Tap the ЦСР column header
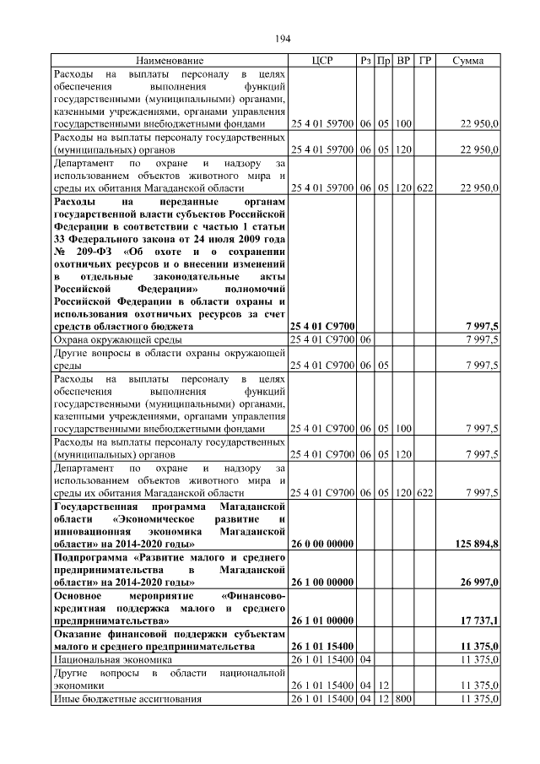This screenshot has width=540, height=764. (322, 62)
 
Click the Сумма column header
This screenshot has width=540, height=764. (467, 62)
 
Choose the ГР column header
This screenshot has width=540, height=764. (424, 62)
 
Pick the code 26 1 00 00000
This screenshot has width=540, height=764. (322, 582)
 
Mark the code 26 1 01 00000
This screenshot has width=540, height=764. (322, 620)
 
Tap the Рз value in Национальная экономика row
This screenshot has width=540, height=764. (365, 658)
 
